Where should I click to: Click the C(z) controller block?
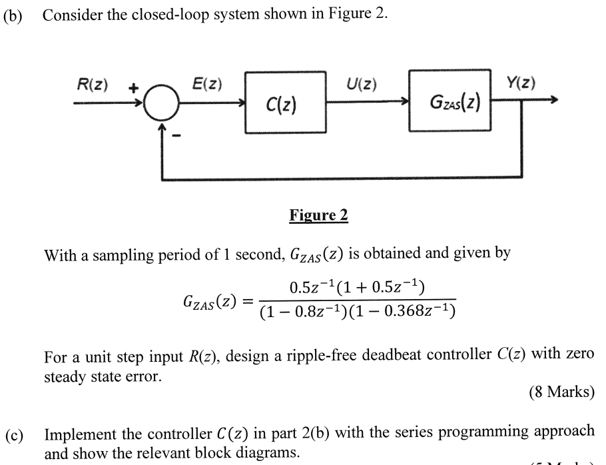pos(285,103)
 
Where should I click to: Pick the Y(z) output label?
pos(520,83)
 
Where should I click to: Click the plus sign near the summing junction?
pos(133,87)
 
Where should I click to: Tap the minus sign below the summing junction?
pos(177,136)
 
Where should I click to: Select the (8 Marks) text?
pos(561,392)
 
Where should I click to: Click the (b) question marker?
pos(13,15)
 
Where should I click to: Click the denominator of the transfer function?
pos(358,312)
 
